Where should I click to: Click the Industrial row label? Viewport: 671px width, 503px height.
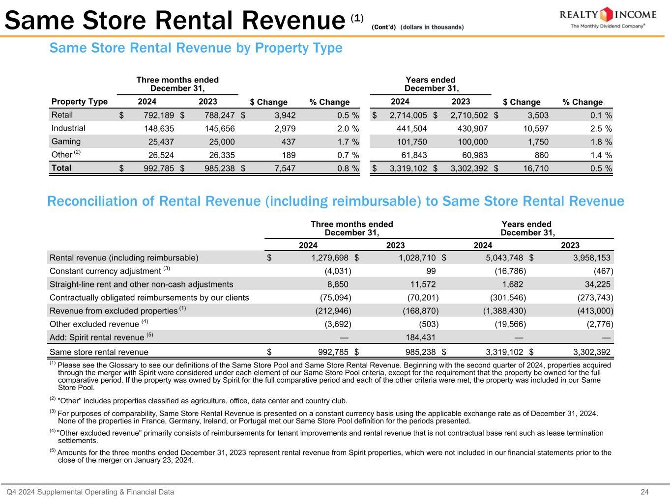click(x=68, y=128)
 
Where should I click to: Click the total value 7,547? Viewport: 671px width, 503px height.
click(x=282, y=168)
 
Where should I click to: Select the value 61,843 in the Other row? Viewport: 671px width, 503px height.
click(x=411, y=155)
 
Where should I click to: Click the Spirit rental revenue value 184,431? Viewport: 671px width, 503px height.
click(x=418, y=337)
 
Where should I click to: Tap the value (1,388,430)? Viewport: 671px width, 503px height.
click(x=504, y=311)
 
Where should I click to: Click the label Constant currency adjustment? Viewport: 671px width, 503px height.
click(x=105, y=271)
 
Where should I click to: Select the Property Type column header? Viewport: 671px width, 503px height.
click(x=80, y=102)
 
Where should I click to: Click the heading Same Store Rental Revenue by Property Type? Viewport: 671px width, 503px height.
click(x=196, y=48)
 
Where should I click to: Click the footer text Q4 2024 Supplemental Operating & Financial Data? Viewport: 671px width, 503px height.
click(x=90, y=492)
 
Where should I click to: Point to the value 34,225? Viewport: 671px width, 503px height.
click(x=597, y=284)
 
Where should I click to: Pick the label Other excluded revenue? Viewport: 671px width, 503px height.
click(x=94, y=324)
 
